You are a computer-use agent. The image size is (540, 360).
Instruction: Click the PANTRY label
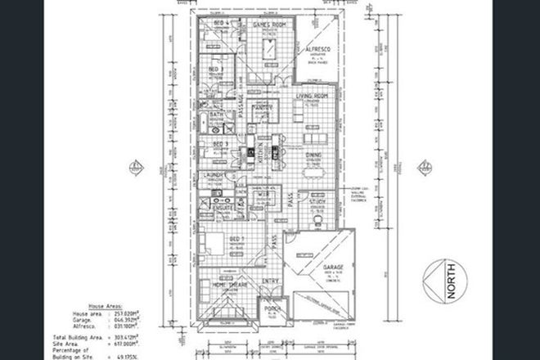[263, 108]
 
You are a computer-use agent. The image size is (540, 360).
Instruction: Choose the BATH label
[217, 115]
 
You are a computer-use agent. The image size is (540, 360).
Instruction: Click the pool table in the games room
[268, 52]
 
